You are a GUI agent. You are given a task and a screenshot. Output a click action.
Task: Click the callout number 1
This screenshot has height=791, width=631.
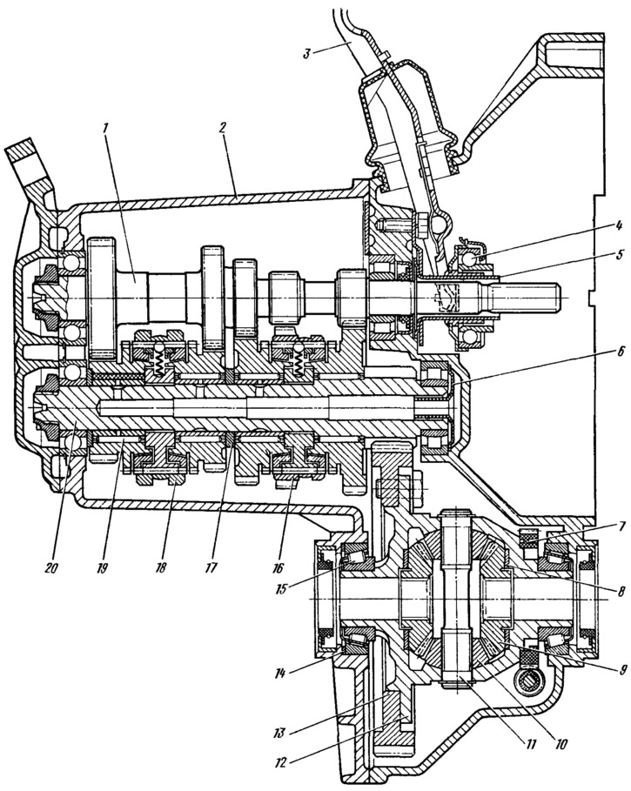pyautogui.click(x=105, y=128)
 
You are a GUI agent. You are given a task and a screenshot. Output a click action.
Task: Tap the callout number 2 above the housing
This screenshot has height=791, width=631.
pyautogui.click(x=224, y=128)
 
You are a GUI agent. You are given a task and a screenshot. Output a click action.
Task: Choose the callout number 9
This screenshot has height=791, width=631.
pyautogui.click(x=622, y=670)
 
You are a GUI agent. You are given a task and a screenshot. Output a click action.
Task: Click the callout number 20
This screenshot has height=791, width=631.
pyautogui.click(x=51, y=567)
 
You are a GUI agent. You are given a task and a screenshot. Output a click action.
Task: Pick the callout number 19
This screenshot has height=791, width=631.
pyautogui.click(x=104, y=567)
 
